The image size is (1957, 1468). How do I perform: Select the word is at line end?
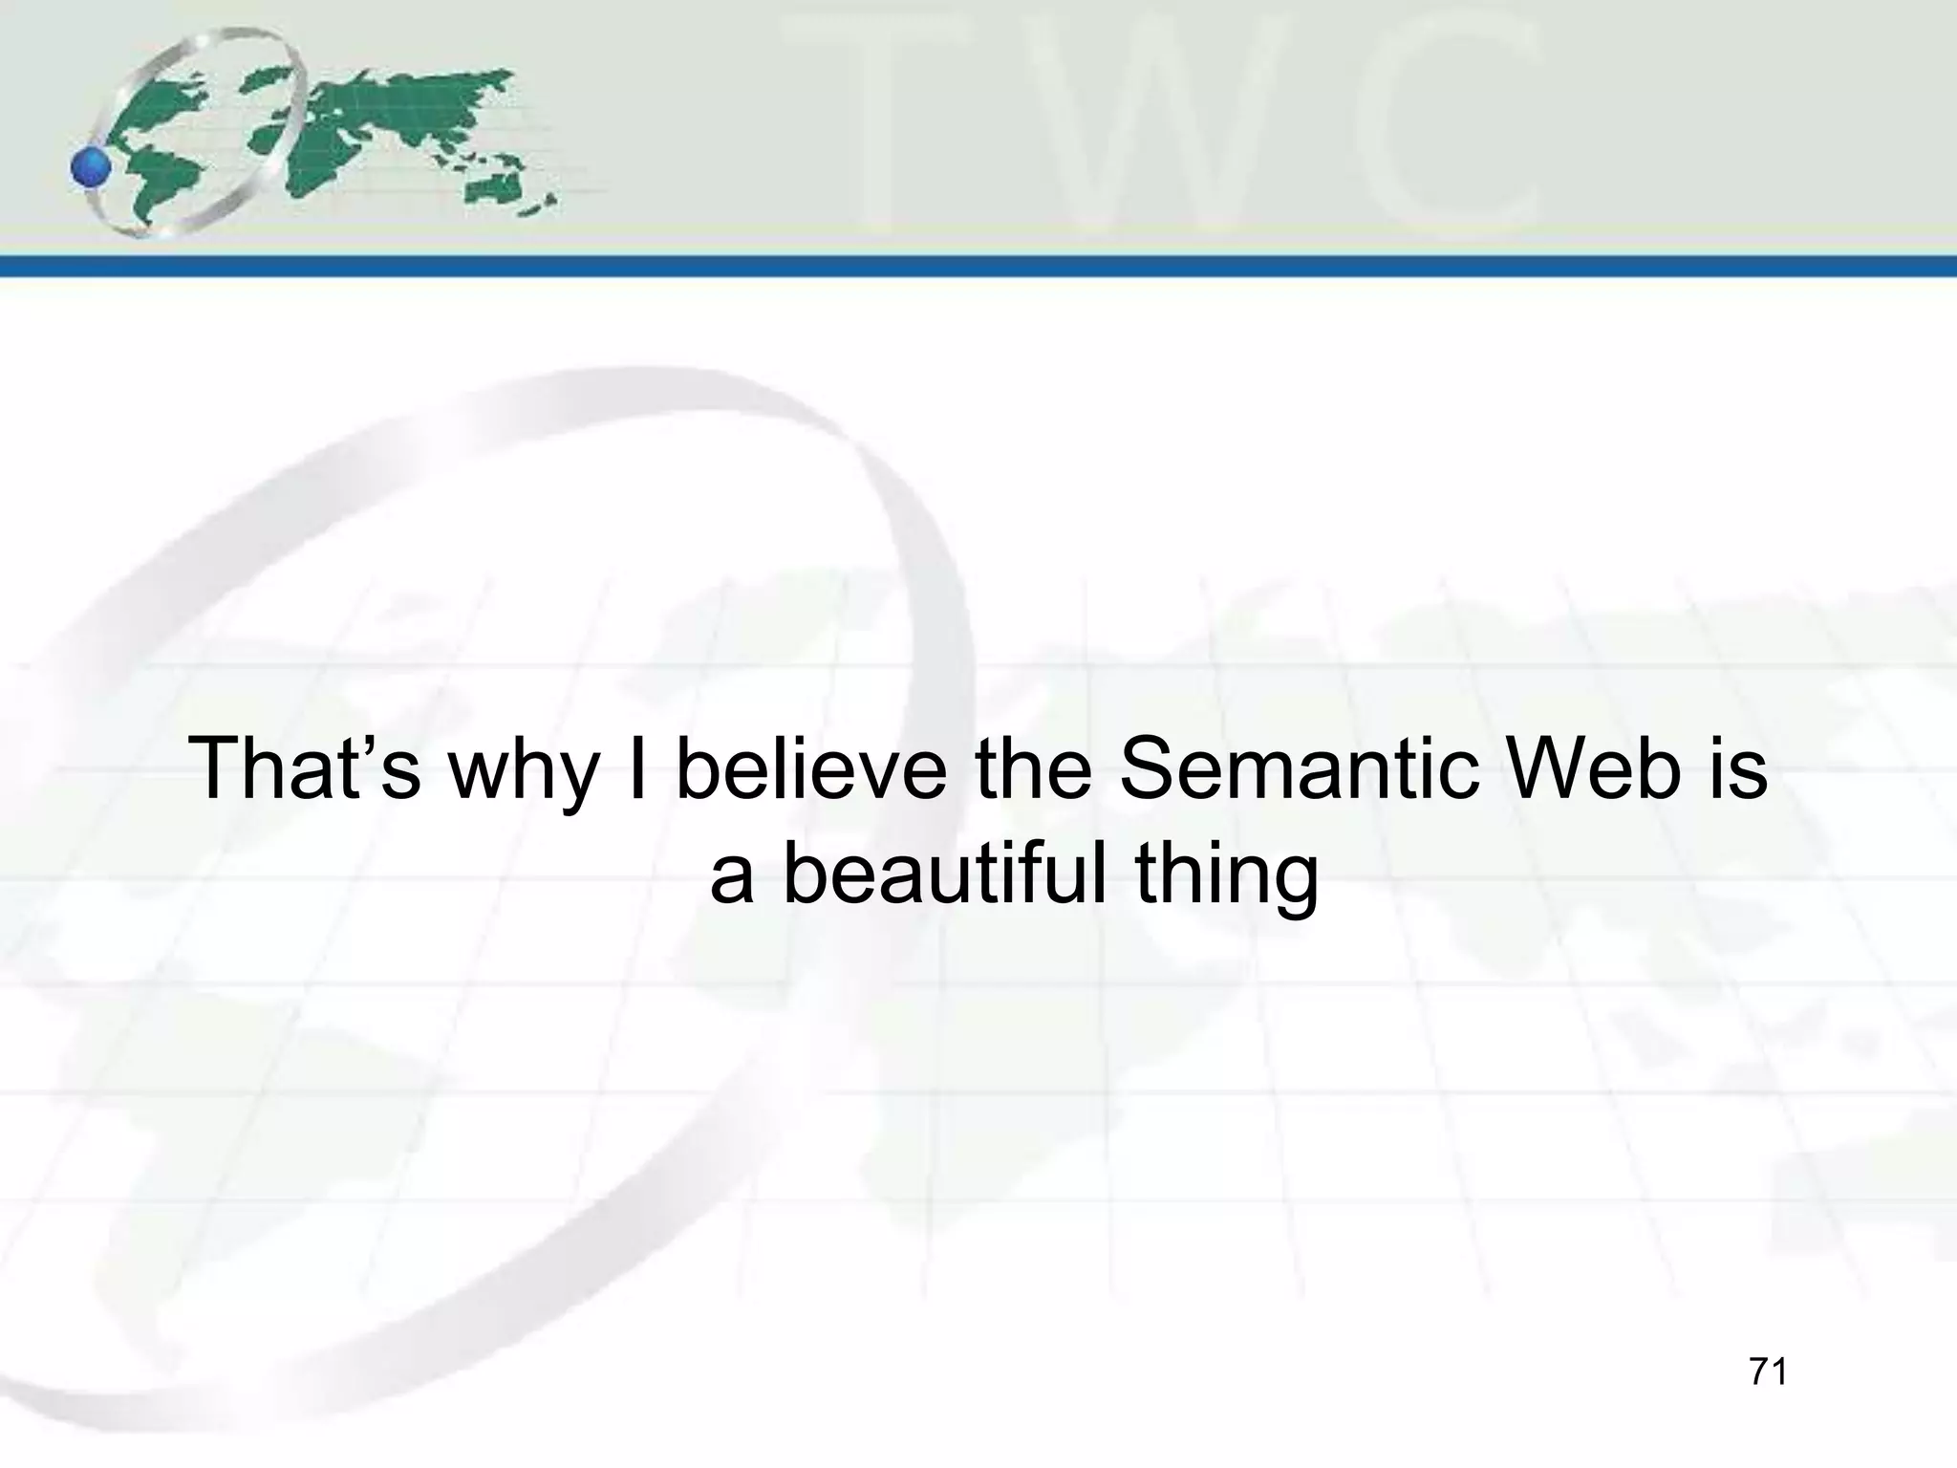click(x=1738, y=769)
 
